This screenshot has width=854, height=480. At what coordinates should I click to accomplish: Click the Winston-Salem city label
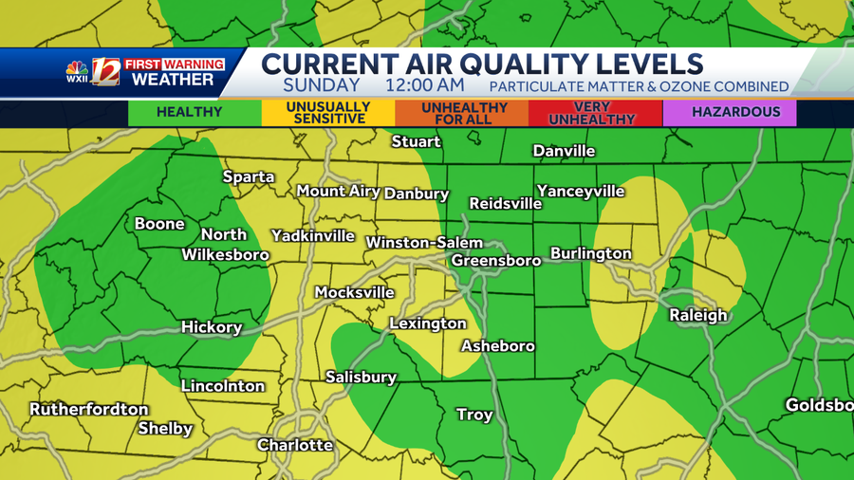pyautogui.click(x=424, y=243)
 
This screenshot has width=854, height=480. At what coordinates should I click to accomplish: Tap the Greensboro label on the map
pyautogui.click(x=495, y=260)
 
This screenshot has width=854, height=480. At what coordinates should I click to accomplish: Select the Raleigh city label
pyautogui.click(x=697, y=315)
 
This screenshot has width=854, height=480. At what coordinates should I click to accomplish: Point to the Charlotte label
pyautogui.click(x=295, y=445)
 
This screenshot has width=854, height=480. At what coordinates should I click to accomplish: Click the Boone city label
pyautogui.click(x=159, y=224)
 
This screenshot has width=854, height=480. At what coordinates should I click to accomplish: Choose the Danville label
pyautogui.click(x=564, y=151)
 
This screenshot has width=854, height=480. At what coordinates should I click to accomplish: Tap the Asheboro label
pyautogui.click(x=497, y=346)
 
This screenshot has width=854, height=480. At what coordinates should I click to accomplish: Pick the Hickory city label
pyautogui.click(x=212, y=327)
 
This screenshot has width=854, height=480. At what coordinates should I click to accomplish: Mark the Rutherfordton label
pyautogui.click(x=89, y=410)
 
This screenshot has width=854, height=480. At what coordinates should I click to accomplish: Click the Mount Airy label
pyautogui.click(x=338, y=191)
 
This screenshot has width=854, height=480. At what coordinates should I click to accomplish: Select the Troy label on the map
pyautogui.click(x=474, y=415)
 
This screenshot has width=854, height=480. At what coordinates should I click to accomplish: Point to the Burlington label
pyautogui.click(x=590, y=253)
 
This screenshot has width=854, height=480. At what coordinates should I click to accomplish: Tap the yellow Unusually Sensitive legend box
pyautogui.click(x=328, y=113)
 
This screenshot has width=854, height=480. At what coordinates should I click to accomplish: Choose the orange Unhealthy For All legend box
pyautogui.click(x=462, y=113)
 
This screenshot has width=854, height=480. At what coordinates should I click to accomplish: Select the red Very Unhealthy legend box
pyautogui.click(x=595, y=113)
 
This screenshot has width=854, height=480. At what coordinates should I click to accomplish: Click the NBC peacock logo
pyautogui.click(x=77, y=68)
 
